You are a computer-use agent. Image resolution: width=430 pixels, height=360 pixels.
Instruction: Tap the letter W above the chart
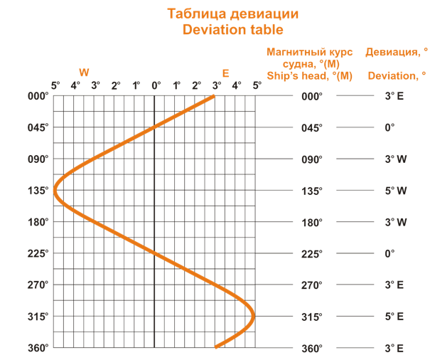pos(84,73)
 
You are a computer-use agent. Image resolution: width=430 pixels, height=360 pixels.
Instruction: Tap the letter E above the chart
pos(226,73)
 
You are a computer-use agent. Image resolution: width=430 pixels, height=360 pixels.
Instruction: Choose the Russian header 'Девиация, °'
pos(397,52)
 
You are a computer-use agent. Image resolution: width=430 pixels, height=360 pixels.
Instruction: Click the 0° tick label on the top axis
pos(156,85)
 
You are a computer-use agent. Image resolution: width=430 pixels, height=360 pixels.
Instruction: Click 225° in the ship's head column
pos(311,253)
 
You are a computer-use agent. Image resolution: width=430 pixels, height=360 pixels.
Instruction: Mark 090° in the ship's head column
pos(311,159)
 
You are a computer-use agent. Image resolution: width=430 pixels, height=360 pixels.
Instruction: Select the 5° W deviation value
pos(395,191)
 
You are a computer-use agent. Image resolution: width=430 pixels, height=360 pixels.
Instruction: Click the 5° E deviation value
pos(395,316)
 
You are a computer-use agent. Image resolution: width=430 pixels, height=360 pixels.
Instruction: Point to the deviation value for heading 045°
pos(389,128)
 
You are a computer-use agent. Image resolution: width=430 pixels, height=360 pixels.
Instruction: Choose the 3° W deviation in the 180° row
pos(395,222)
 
